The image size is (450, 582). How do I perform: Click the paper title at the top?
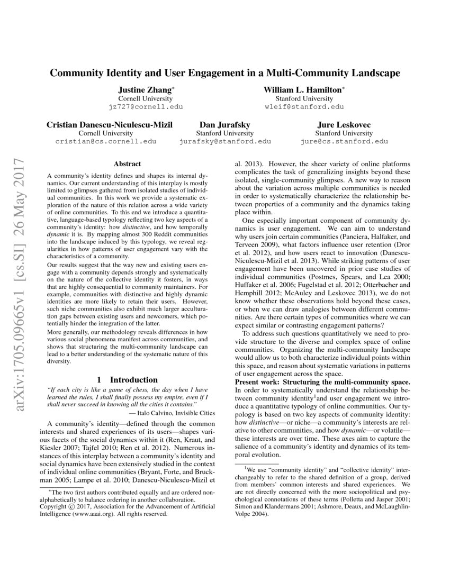[x=224, y=73]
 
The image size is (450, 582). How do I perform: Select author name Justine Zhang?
[x=145, y=90]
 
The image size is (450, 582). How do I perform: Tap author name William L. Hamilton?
[x=303, y=90]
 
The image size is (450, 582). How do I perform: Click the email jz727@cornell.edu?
[x=146, y=106]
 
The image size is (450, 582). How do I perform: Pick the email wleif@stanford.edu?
[x=304, y=106]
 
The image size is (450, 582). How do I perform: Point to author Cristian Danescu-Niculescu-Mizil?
[x=110, y=125]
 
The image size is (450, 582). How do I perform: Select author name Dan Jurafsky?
[x=225, y=125]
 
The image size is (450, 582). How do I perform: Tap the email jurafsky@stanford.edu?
[x=225, y=141]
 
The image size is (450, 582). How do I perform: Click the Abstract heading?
[x=127, y=165]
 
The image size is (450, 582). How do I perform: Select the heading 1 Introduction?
[x=127, y=379]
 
